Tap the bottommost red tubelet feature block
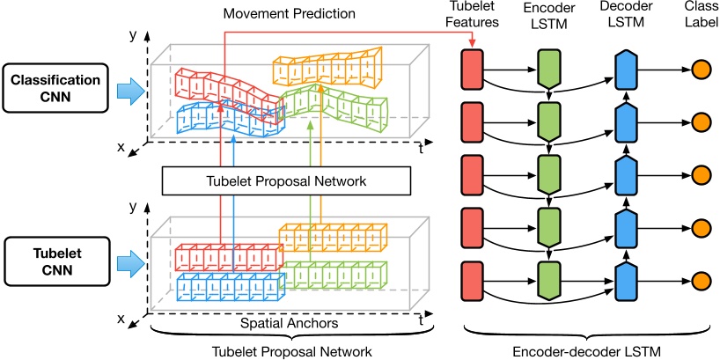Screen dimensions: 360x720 [473, 281]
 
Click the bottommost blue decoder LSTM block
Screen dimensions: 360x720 [625, 281]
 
